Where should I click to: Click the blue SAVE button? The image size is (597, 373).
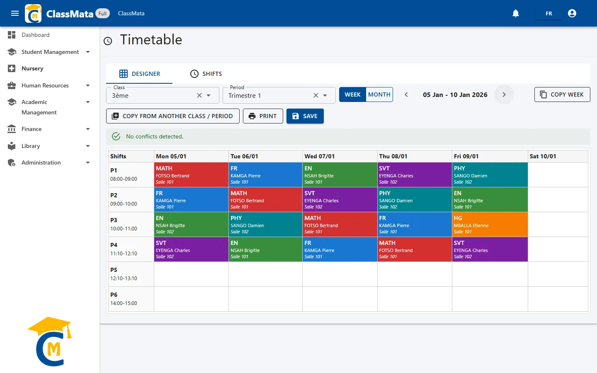pos(305,116)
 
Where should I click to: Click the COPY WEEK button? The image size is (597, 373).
pos(562,94)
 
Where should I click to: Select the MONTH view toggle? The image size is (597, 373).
pos(379,94)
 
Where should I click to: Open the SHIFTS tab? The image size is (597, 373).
pos(206,74)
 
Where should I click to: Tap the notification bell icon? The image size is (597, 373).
pos(516,13)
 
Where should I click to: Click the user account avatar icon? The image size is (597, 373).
pos(572,13)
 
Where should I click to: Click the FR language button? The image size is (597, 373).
pos(549,13)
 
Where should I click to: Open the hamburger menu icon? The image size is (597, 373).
pos(15,13)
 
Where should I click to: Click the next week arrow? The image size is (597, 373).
pos(504,94)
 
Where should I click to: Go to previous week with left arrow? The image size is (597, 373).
pos(406,94)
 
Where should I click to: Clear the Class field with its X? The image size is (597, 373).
pos(199,95)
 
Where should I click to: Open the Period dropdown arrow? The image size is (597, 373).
pos(325,95)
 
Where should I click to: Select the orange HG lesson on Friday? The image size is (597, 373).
pos(490,224)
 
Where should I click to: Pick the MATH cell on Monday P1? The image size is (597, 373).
pos(191,175)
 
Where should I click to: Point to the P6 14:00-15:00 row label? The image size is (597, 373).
pos(124,299)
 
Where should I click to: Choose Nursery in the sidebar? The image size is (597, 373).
pos(32,68)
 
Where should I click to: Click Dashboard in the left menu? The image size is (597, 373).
pos(35,35)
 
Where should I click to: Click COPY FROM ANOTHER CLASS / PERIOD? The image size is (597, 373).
pos(173,116)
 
